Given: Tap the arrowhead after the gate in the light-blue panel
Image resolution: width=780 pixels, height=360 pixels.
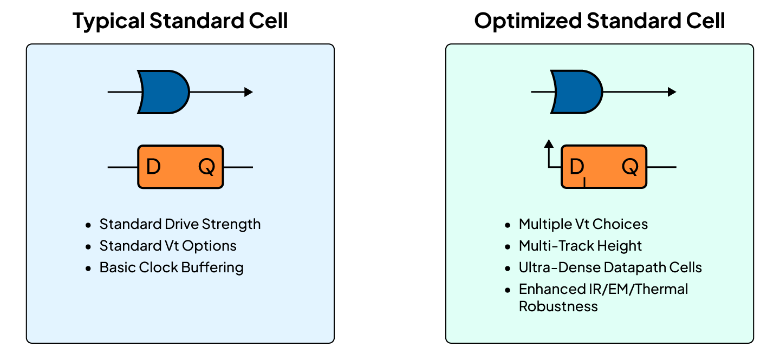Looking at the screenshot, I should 249,92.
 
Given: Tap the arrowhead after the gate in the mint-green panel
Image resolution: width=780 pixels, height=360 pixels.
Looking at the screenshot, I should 672,92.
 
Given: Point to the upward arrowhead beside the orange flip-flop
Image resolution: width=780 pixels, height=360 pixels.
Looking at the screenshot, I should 549,143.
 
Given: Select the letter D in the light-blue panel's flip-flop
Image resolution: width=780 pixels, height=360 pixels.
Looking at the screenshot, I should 153,167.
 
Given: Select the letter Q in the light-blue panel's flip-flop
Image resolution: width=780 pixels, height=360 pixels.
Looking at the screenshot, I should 206,167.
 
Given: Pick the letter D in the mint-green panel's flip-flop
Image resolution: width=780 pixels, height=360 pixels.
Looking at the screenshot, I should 577,167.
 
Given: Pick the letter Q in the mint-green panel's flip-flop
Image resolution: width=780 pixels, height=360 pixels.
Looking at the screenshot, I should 630,167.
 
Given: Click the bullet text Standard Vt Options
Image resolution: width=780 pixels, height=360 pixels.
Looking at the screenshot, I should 168,246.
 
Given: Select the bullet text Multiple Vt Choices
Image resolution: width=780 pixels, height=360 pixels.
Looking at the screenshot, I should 583,224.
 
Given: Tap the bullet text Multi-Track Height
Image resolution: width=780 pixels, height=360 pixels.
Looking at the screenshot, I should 580,246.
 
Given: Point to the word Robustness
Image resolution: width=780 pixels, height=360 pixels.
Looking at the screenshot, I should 558,306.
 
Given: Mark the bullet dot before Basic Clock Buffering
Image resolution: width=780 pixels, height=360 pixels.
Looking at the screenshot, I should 89,268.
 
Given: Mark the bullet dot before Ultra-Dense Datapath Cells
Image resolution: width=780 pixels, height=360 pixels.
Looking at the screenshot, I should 508,268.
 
